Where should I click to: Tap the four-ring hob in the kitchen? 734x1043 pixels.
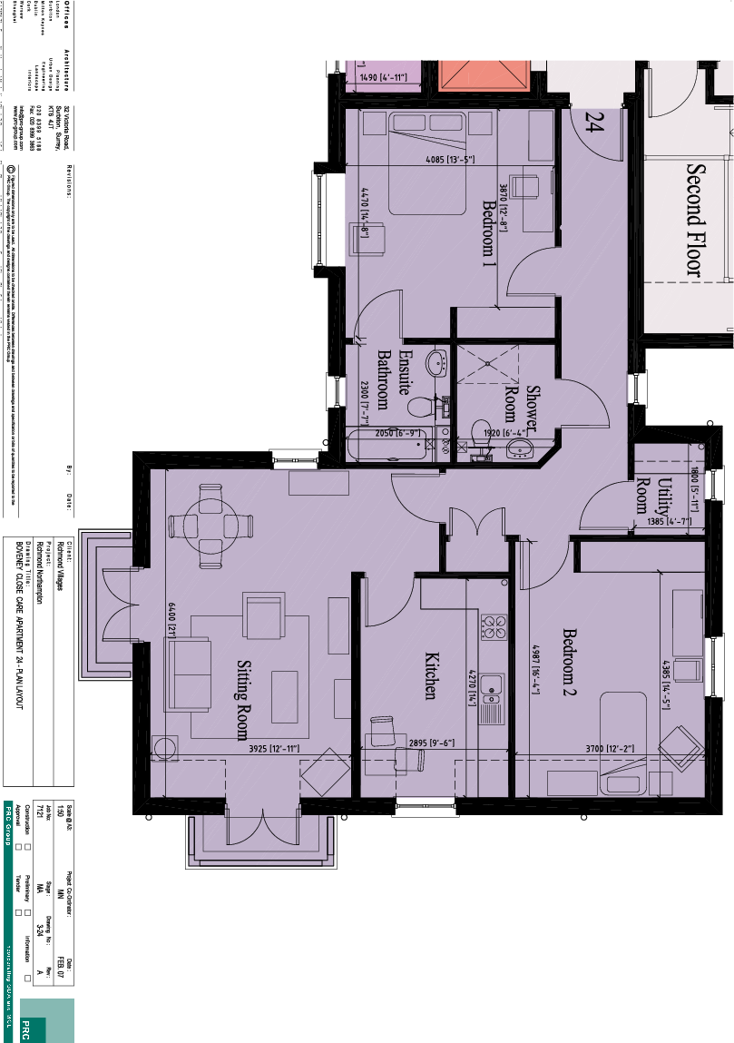(494, 626)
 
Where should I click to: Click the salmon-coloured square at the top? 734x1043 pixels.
(484, 75)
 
